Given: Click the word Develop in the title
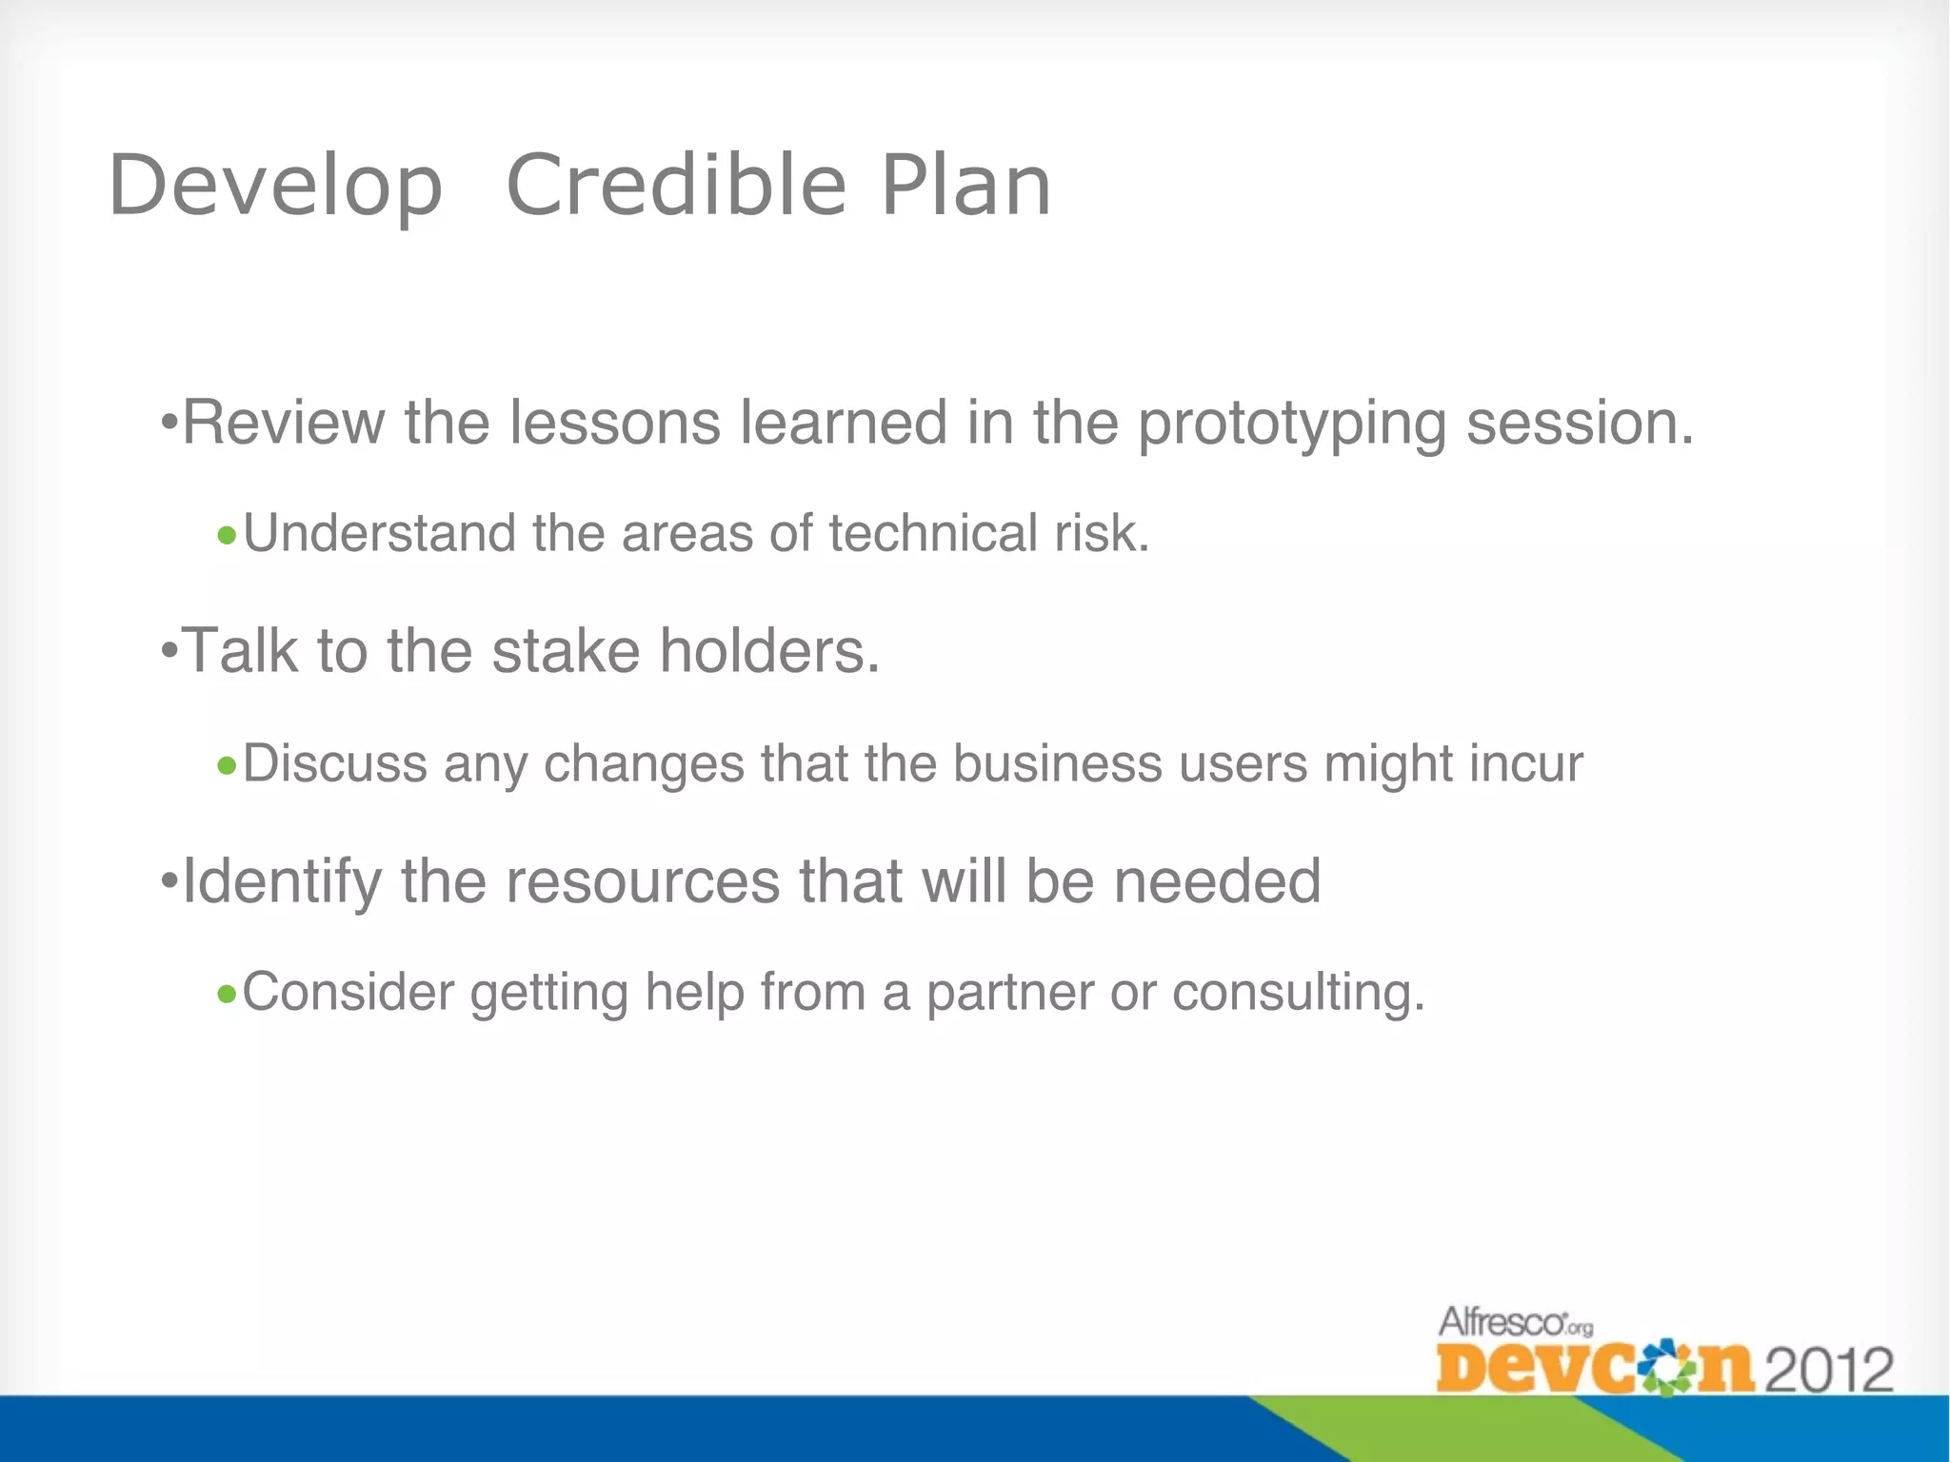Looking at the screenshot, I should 276,187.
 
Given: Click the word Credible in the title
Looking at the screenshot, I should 676,185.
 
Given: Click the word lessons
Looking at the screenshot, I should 615,423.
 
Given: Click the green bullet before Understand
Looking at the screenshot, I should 227,536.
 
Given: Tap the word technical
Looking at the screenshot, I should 932,533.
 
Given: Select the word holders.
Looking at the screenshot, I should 769,651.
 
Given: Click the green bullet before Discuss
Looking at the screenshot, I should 227,765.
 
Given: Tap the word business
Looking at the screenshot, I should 1057,763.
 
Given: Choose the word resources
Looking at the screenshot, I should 643,881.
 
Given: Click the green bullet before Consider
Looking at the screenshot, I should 227,995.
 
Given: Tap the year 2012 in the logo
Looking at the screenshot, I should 1829,1371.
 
